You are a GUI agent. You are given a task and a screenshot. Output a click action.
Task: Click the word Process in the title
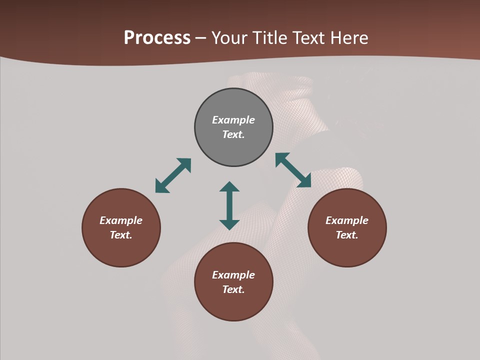(157, 38)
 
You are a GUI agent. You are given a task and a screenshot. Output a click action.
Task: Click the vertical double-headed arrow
(229, 205)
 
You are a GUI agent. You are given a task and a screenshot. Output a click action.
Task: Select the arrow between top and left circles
(173, 175)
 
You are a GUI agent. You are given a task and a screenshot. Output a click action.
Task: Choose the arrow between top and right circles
(293, 170)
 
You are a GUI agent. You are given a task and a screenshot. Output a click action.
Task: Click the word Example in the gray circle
(233, 120)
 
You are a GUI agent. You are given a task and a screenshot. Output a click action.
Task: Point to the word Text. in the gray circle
(233, 134)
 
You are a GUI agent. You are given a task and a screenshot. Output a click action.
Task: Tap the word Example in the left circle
(121, 220)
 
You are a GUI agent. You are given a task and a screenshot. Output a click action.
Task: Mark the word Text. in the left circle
(121, 235)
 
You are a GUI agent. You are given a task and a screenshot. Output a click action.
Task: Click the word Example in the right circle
(347, 220)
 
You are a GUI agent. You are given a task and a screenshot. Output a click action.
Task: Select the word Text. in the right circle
(347, 235)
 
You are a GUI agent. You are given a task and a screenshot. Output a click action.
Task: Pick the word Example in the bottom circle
(233, 275)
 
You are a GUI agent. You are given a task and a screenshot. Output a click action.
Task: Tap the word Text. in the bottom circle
(233, 289)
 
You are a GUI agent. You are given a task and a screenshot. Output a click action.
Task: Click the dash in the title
(201, 38)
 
